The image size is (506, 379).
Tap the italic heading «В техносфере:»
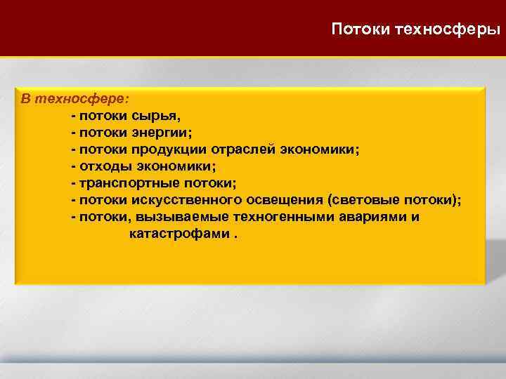[70, 98]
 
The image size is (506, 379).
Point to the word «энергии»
[161, 132]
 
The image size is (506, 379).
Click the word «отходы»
[103, 166]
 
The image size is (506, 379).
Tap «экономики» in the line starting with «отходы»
[179, 166]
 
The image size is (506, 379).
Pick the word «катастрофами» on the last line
[179, 234]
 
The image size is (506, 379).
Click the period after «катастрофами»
[235, 236]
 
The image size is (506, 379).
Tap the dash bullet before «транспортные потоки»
[73, 183]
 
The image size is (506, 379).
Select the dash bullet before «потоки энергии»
[73, 133]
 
